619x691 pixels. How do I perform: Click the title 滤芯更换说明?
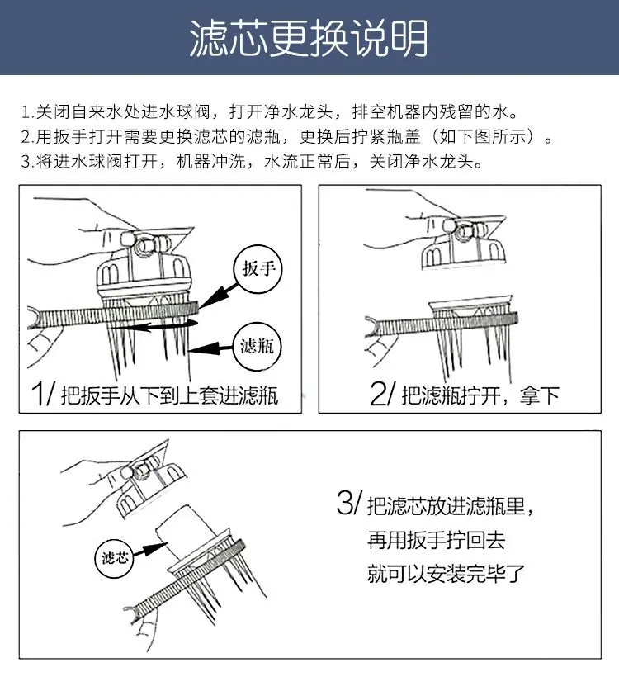(x=309, y=38)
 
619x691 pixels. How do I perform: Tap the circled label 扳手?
(x=258, y=269)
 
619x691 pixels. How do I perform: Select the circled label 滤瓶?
(x=257, y=347)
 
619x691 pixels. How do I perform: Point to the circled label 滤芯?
(x=115, y=558)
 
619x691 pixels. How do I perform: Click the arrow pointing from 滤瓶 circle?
(x=210, y=348)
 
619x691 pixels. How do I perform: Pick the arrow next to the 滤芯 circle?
(x=149, y=550)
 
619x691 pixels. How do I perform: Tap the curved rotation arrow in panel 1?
(x=154, y=326)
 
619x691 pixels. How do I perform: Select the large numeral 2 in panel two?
(x=377, y=393)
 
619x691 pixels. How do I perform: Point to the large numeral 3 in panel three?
(x=345, y=503)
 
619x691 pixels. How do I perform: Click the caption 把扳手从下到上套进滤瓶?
(x=170, y=395)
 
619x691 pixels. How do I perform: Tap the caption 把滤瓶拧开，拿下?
(x=480, y=395)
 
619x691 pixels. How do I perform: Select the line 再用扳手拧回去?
(x=436, y=540)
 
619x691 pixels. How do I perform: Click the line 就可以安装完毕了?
(x=447, y=574)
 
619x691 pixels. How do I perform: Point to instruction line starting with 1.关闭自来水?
(x=270, y=112)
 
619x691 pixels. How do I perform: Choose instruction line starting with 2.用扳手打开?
(x=287, y=136)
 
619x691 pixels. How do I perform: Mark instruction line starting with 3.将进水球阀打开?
(x=253, y=161)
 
